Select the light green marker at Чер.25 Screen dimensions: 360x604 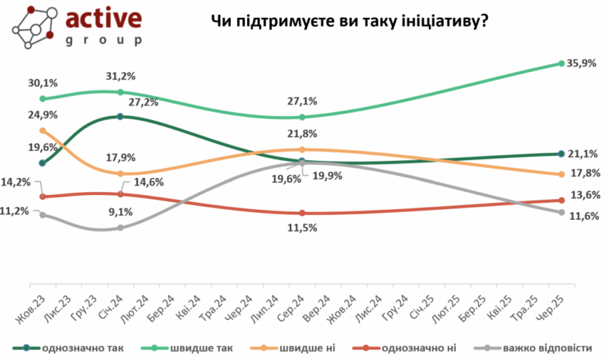(x=561, y=63)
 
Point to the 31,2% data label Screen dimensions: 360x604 (x=122, y=77)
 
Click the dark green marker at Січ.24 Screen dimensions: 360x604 (x=121, y=116)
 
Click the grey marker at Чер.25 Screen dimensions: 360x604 (x=561, y=212)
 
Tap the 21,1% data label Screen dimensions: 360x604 (x=585, y=153)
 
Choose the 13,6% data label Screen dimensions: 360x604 (x=585, y=195)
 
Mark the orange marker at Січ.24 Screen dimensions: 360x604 (x=121, y=173)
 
